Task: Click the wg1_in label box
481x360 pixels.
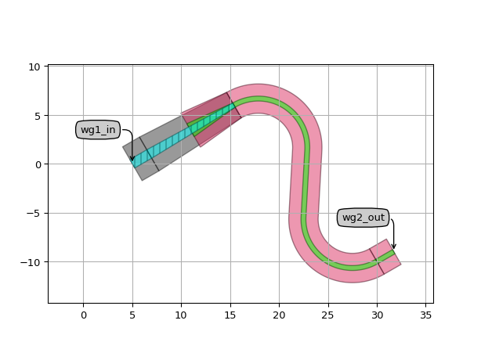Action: pos(98,130)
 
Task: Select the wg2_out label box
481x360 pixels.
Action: pos(363,218)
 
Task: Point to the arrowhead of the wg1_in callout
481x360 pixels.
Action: pos(132,158)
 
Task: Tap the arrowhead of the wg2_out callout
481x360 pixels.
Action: pos(394,247)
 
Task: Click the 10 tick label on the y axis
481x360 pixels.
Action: pos(34,67)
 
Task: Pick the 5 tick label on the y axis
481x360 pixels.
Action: pos(38,116)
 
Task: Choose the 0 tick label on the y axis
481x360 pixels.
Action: pos(38,165)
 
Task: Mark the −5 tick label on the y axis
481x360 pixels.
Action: pos(34,214)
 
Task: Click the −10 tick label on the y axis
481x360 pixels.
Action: pos(31,263)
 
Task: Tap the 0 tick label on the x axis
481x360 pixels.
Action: pos(84,315)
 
